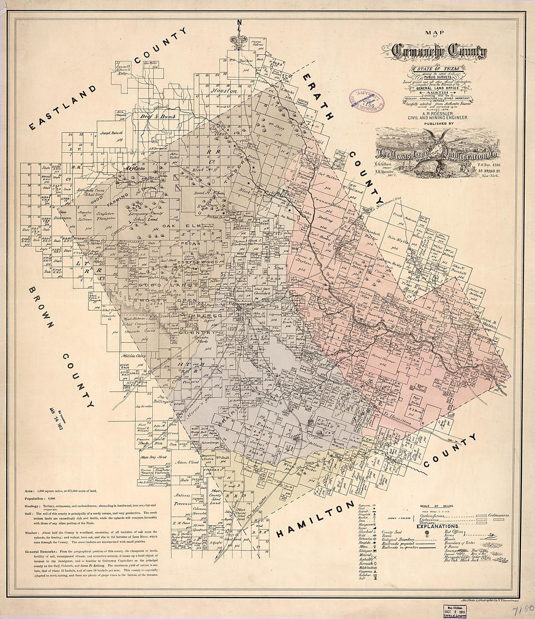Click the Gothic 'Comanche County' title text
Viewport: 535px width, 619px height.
click(439, 51)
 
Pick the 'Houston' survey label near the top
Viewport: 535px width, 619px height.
click(223, 90)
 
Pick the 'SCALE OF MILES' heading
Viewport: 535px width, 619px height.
click(437, 506)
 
